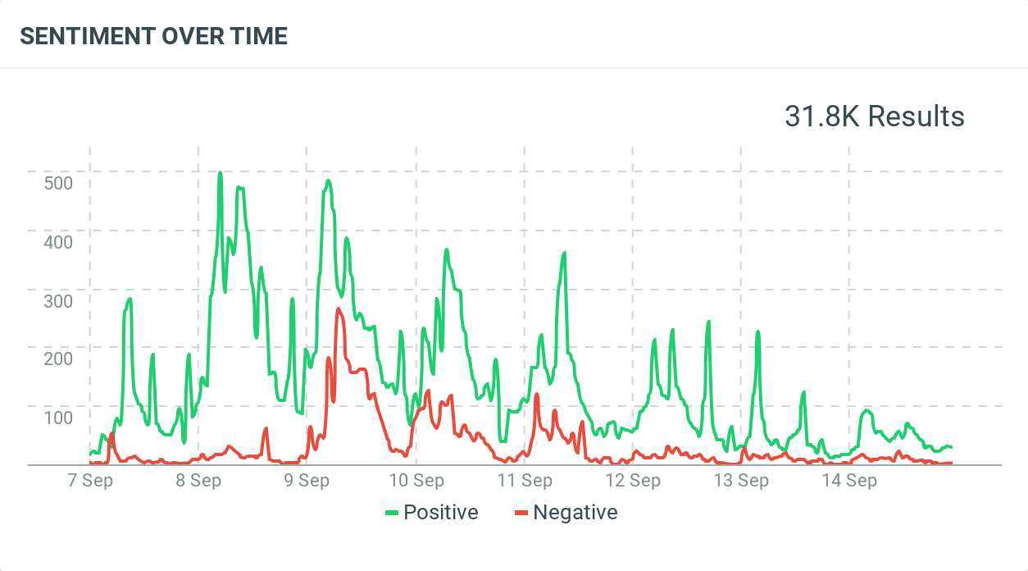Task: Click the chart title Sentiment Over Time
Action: pyautogui.click(x=153, y=36)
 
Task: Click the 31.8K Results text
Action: pyautogui.click(x=874, y=116)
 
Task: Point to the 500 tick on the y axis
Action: pyautogui.click(x=58, y=182)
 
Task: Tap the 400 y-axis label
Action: pyautogui.click(x=58, y=241)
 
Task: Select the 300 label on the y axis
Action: pyautogui.click(x=58, y=300)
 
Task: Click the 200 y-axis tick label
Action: pyautogui.click(x=58, y=359)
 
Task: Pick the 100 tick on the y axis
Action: pyautogui.click(x=58, y=418)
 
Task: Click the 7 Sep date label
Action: pyautogui.click(x=89, y=481)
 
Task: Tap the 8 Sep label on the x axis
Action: pyautogui.click(x=198, y=481)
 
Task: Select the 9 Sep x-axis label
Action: pyautogui.click(x=307, y=481)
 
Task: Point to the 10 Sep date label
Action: pyautogui.click(x=416, y=481)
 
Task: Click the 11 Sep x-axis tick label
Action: pyautogui.click(x=525, y=481)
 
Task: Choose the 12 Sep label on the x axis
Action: pyautogui.click(x=633, y=481)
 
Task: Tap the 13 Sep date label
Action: pyautogui.click(x=741, y=481)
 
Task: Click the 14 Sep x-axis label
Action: pyautogui.click(x=849, y=481)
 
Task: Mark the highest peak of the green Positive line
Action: pyautogui.click(x=220, y=173)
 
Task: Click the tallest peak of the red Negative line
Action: pyautogui.click(x=338, y=309)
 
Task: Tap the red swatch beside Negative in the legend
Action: pyautogui.click(x=521, y=514)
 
